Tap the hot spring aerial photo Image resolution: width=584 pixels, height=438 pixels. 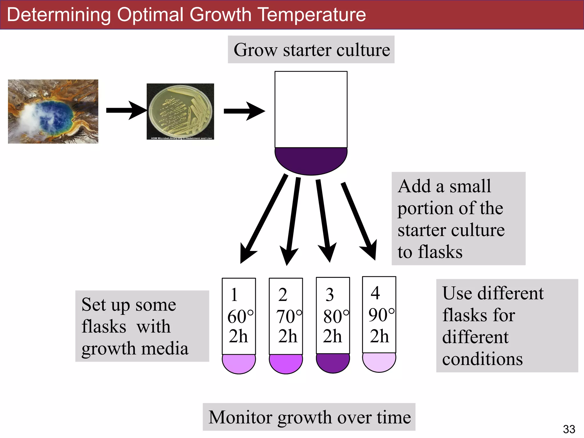point(53,111)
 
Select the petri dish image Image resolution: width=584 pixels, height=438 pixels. point(180,111)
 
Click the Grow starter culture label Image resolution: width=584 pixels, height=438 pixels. point(311,50)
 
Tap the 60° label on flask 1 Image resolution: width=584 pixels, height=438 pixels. point(240,317)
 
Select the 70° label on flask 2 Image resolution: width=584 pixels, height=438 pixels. point(289,317)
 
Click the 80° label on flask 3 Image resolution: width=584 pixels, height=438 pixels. point(336,317)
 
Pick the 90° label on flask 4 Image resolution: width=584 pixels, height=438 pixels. point(381,315)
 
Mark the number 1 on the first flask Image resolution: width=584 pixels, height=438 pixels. point(234,295)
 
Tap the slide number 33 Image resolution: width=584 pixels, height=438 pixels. point(569,429)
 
